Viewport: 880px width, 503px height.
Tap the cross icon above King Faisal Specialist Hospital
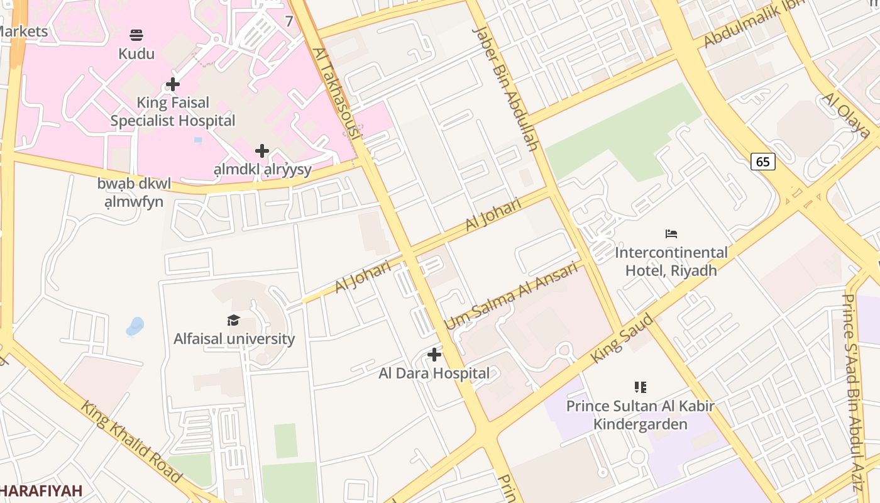173,84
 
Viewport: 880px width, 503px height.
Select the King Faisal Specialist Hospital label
173,111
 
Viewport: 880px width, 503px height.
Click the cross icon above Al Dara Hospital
434,355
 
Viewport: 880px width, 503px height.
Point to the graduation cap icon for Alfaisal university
234,320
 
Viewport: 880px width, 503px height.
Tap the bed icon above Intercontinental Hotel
671,234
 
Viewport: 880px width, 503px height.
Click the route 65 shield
762,162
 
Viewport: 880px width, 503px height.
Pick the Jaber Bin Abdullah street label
506,88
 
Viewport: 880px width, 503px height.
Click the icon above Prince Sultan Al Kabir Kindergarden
640,387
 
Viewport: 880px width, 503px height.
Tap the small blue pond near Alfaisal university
135,326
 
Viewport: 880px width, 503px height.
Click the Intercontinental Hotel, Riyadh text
671,262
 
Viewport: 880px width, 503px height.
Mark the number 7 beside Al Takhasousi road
289,21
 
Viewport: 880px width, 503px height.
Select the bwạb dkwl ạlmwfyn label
134,192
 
